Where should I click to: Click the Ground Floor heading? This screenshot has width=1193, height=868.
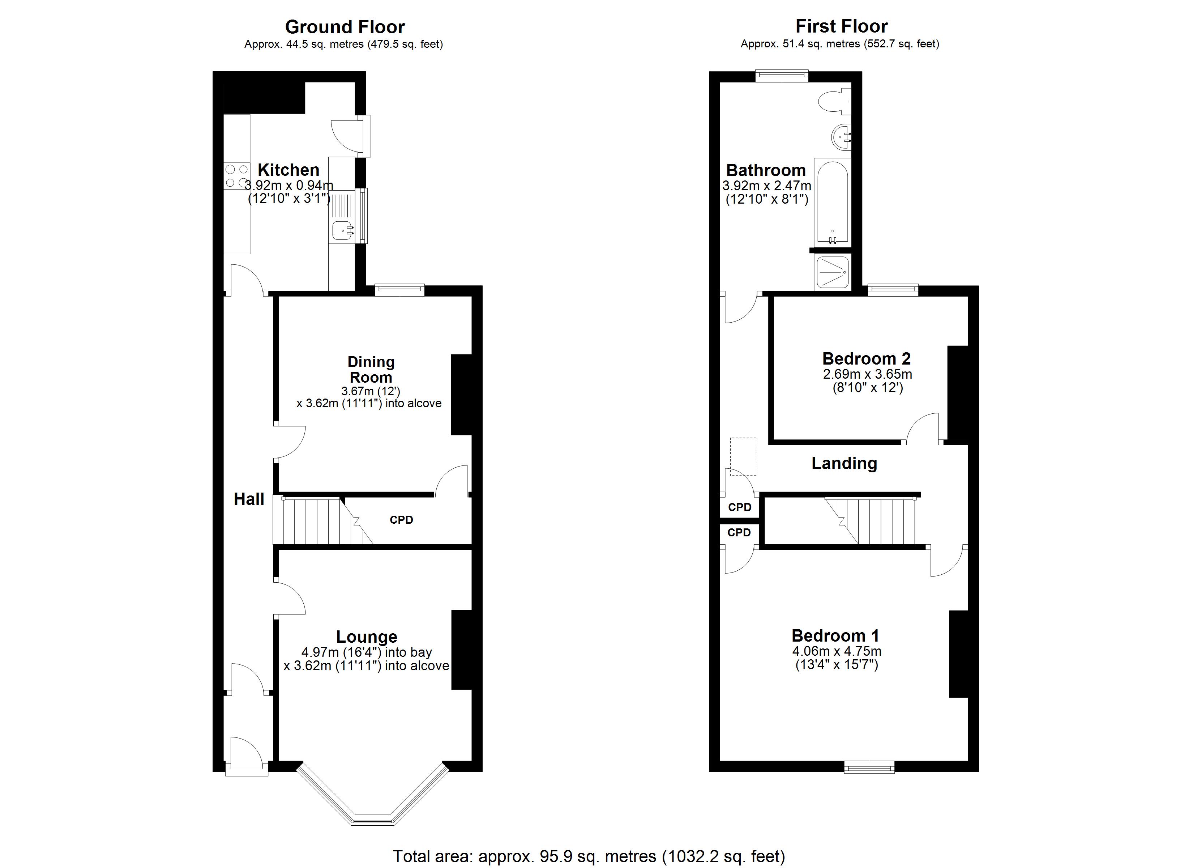pyautogui.click(x=345, y=27)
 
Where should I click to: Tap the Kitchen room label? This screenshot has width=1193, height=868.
pyautogui.click(x=288, y=170)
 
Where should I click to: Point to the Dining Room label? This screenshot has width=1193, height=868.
pyautogui.click(x=371, y=370)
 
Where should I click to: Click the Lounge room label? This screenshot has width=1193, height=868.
pyautogui.click(x=367, y=637)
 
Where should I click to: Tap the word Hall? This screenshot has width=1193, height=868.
pyautogui.click(x=249, y=499)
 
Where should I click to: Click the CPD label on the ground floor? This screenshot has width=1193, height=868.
pyautogui.click(x=401, y=520)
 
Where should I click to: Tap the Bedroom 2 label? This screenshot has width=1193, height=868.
pyautogui.click(x=866, y=358)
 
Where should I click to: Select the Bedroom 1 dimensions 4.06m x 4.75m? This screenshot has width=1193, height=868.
pyautogui.click(x=836, y=651)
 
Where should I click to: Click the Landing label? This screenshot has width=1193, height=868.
pyautogui.click(x=844, y=463)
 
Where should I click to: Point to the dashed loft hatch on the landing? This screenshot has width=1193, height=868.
pyautogui.click(x=743, y=456)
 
